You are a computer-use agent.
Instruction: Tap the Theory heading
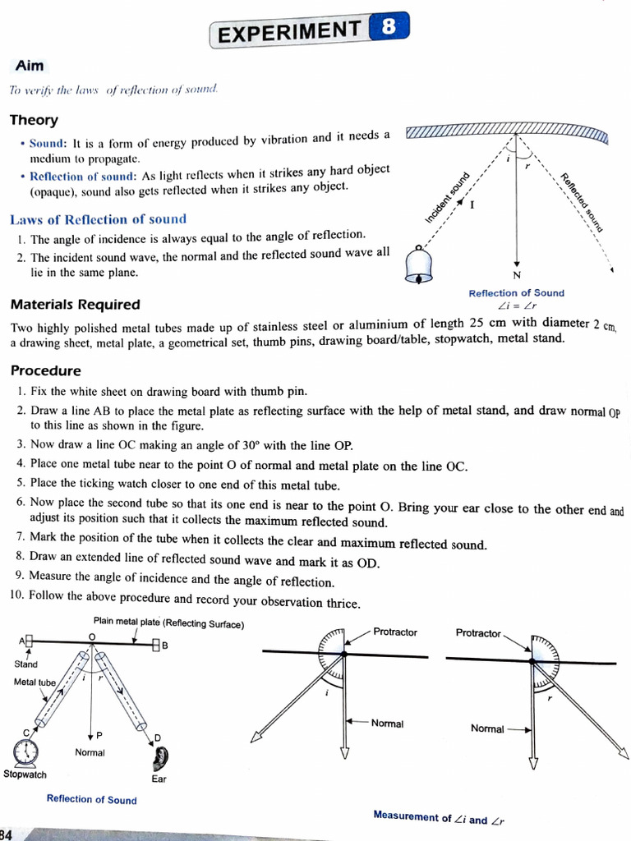(x=34, y=120)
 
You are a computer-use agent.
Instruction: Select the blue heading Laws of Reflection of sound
(x=98, y=219)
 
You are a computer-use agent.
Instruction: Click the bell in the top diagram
(x=420, y=264)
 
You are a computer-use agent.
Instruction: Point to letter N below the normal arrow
(x=516, y=274)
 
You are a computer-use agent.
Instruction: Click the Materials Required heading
(x=75, y=305)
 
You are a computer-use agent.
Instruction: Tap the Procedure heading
(x=45, y=371)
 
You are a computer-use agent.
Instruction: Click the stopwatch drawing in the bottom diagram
(x=26, y=751)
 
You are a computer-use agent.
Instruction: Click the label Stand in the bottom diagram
(x=25, y=664)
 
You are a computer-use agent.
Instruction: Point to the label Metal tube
(x=35, y=682)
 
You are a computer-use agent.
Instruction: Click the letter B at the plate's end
(x=164, y=646)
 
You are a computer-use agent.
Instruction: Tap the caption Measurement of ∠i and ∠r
(x=439, y=817)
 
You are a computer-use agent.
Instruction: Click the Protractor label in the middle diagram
(x=395, y=632)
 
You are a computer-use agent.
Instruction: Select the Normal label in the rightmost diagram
(x=487, y=728)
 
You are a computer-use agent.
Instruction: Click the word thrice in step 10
(x=343, y=603)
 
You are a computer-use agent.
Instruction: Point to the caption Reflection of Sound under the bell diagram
(x=516, y=293)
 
